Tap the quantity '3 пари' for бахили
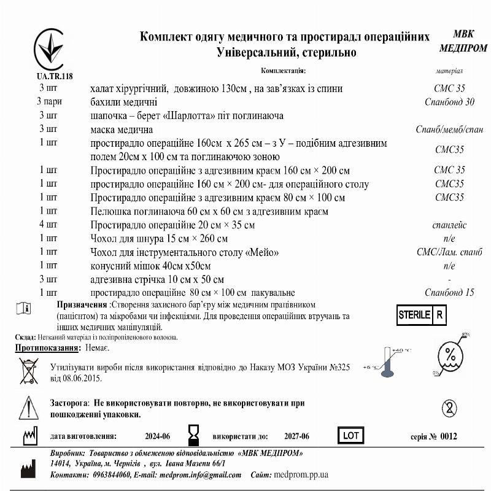48,102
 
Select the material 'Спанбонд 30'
449,102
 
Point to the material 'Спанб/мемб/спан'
449,130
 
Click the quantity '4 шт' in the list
48,225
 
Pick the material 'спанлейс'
449,225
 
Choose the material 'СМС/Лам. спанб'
449,252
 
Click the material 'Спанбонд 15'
449,293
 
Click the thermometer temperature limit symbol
387,361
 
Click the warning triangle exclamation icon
28,407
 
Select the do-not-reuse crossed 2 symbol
450,408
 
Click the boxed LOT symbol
351,436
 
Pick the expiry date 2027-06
296,437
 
